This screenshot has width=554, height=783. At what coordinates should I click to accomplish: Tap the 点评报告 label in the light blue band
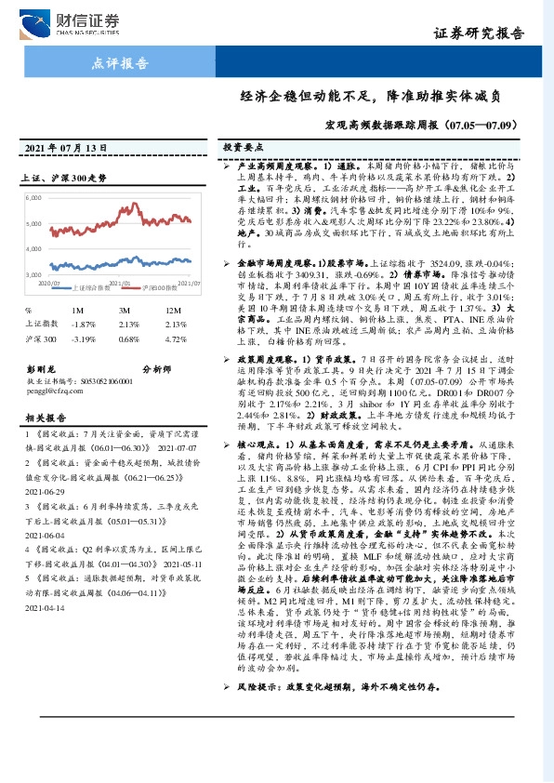point(121,64)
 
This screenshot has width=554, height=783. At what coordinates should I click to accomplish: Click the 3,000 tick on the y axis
point(34,275)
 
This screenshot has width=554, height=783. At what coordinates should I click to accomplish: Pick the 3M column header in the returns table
point(124,310)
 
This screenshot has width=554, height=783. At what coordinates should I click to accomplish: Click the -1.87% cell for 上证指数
point(85,323)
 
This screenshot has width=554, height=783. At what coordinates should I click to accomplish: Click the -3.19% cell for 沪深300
point(85,339)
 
